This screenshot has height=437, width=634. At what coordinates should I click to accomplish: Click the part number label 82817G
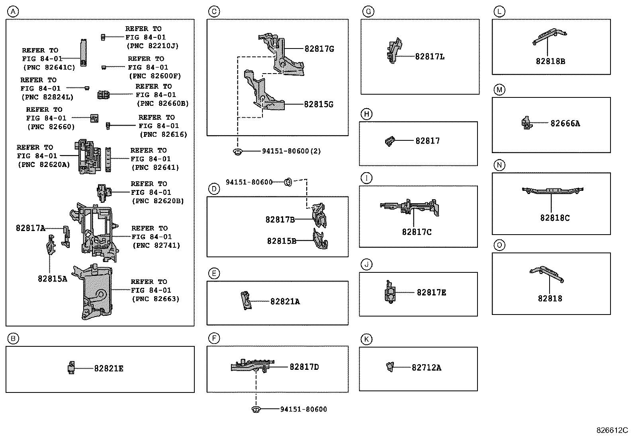click(x=319, y=49)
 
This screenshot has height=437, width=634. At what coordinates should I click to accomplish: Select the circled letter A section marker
click(x=13, y=12)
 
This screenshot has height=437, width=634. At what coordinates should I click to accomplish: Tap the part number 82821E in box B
click(x=109, y=369)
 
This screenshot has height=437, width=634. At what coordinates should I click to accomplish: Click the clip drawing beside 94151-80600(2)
click(x=238, y=151)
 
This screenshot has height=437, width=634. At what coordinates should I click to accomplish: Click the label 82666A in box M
click(x=565, y=124)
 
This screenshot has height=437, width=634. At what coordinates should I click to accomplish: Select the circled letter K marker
click(x=366, y=339)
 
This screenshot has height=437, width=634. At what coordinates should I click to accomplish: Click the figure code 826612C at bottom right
click(x=612, y=430)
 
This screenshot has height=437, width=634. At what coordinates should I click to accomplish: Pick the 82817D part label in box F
click(x=304, y=367)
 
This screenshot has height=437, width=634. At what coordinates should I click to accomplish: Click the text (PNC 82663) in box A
click(x=156, y=299)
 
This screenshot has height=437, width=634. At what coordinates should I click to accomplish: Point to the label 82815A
click(x=53, y=279)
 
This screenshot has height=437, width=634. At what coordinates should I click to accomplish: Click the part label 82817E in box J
click(x=431, y=293)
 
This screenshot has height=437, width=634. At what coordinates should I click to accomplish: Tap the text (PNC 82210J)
click(x=153, y=46)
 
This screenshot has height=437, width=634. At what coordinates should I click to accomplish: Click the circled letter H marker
click(x=366, y=114)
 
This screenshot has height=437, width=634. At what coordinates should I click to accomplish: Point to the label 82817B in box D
click(x=280, y=219)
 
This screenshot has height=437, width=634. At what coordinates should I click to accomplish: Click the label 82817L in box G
click(x=430, y=57)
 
